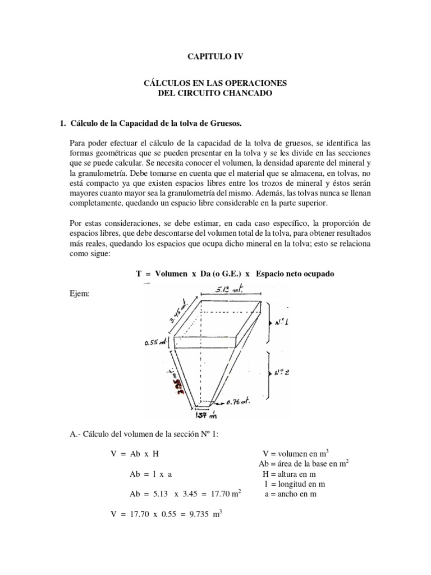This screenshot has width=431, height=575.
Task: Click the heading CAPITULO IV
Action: [x=215, y=57]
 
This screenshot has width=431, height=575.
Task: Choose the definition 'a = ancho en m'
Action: [x=290, y=494]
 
